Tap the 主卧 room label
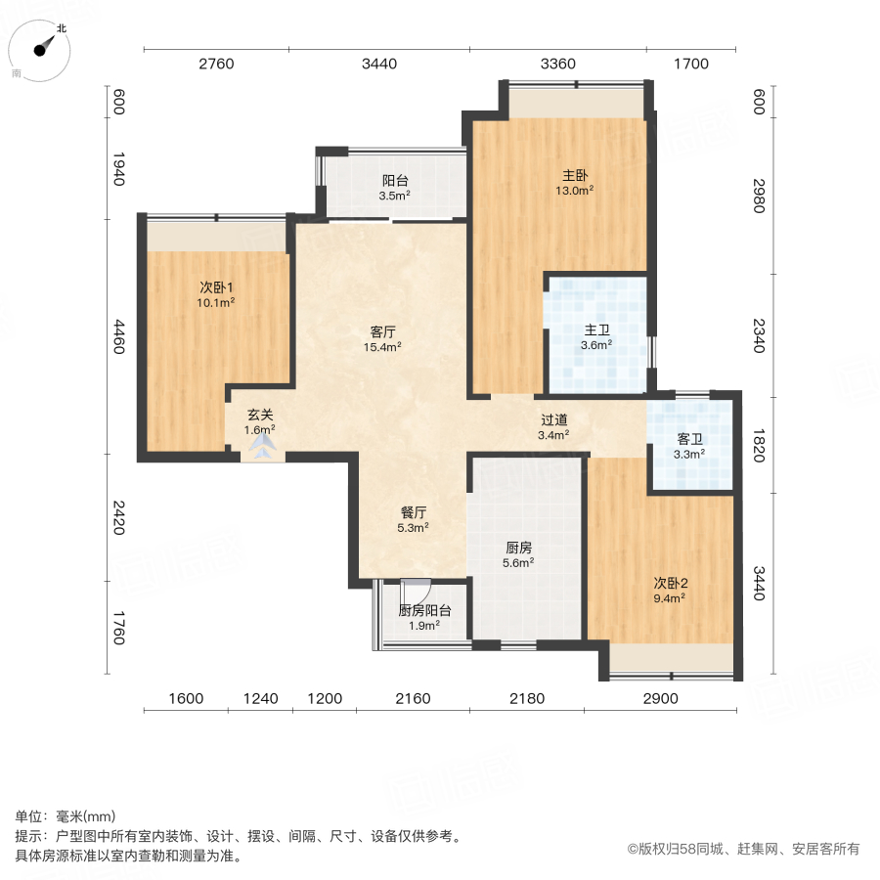(x=574, y=176)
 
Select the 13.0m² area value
(x=574, y=191)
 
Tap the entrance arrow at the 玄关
(x=262, y=448)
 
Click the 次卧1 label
(x=216, y=287)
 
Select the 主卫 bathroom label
(x=595, y=330)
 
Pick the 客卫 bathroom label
(x=690, y=439)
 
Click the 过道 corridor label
(x=553, y=420)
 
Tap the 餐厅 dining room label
(x=414, y=511)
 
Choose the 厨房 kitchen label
(x=517, y=548)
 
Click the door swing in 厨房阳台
(x=417, y=591)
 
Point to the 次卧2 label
(x=671, y=584)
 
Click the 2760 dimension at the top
(x=216, y=65)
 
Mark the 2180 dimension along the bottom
(x=526, y=698)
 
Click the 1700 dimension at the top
(x=690, y=65)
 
